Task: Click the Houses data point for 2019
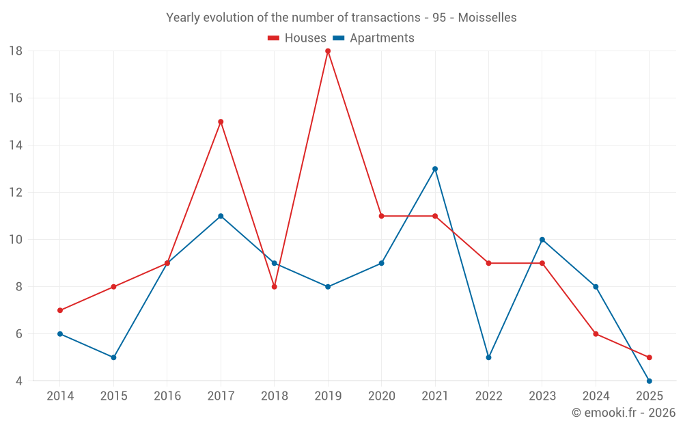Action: coord(328,51)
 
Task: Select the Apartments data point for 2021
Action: coord(435,169)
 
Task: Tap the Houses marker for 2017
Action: coord(221,122)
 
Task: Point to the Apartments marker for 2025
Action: coord(650,381)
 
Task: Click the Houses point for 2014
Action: coord(60,310)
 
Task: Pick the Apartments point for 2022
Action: coord(488,357)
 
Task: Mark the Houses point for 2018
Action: coord(274,287)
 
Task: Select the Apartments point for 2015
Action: coord(113,357)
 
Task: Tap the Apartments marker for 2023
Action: coord(542,240)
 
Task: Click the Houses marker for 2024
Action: coord(596,334)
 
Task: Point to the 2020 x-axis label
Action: coord(381,396)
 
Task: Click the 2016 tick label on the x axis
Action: coord(167,396)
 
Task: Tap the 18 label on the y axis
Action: coord(16,51)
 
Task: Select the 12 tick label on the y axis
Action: coord(16,193)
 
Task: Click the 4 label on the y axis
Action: coord(19,381)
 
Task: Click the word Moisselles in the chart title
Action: coord(487,17)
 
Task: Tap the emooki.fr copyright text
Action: coord(624,413)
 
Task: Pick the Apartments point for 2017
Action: coord(221,216)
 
